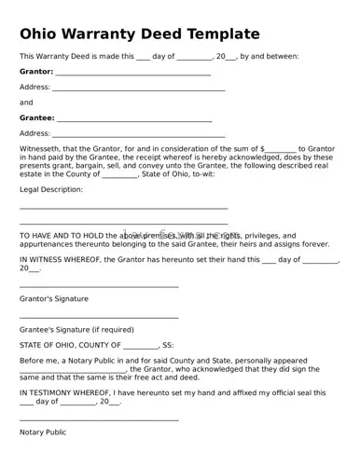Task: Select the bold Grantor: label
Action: click(36, 71)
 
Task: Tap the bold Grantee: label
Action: click(37, 118)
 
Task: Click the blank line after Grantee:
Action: click(133, 120)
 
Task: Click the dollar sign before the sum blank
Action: click(263, 148)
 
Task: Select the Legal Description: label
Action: click(51, 189)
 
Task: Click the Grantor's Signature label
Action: click(54, 299)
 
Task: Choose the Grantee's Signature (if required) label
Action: click(76, 329)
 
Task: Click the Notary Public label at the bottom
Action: click(43, 432)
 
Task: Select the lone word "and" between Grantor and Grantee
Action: click(26, 103)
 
